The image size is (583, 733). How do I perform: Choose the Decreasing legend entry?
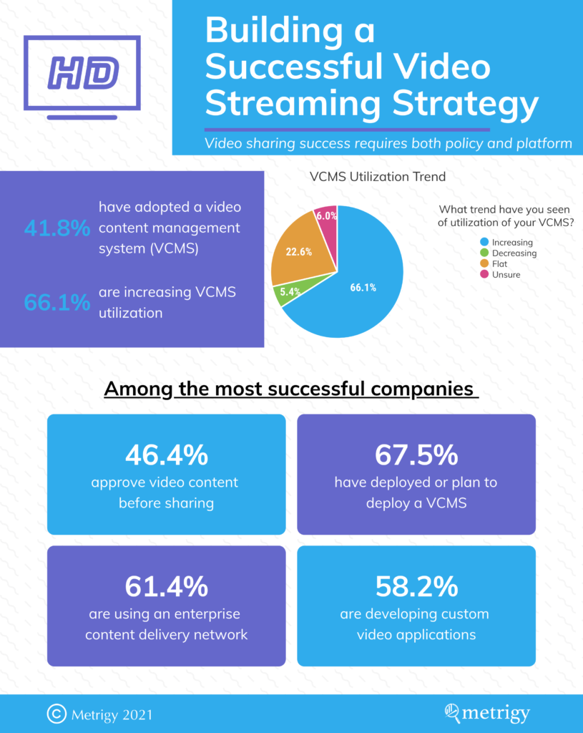509,253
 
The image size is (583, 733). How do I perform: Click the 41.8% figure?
57,228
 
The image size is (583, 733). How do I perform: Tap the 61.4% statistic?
166,586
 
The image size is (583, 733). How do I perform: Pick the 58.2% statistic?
416,586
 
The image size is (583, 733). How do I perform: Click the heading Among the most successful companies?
290,389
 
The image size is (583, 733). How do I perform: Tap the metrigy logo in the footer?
486,713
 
